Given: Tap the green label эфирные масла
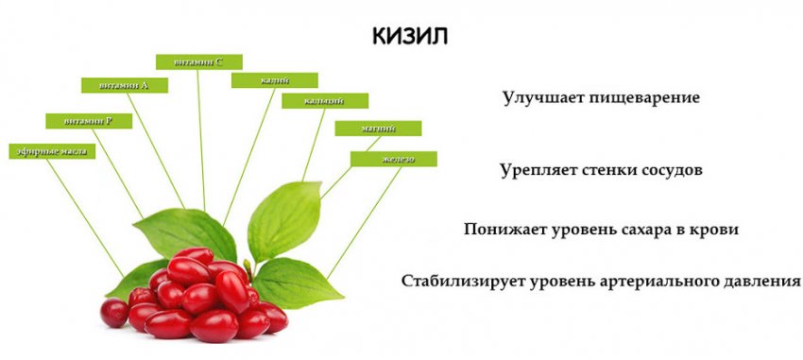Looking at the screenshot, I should (51, 151).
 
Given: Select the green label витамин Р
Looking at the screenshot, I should (90, 120).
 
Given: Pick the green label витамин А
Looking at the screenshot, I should (124, 85).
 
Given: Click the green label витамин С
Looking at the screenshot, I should (198, 61).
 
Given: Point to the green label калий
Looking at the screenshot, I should (274, 80).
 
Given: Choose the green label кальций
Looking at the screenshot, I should (324, 101).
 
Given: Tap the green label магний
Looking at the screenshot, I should (378, 128).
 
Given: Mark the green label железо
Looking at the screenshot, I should (394, 159).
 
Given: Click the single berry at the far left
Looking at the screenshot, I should (114, 313).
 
